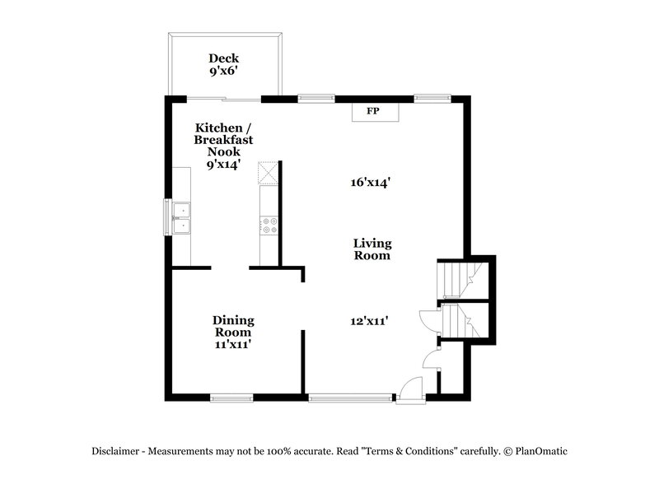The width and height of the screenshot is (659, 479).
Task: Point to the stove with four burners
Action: click(269, 221)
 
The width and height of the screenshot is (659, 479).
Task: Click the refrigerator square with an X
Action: click(269, 174)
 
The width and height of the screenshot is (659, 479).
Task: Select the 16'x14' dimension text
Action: click(370, 184)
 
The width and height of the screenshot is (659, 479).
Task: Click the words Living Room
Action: click(372, 249)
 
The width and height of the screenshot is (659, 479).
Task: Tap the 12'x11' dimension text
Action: click(368, 322)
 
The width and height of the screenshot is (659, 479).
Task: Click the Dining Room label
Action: click(233, 326)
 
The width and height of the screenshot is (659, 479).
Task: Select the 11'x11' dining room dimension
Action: click(233, 345)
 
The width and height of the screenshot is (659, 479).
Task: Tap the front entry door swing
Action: click(409, 388)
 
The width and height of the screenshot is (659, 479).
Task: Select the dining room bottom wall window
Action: click(231, 398)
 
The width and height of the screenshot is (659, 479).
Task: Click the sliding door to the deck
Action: click(224, 99)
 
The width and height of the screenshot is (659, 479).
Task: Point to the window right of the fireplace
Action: click(427, 99)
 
